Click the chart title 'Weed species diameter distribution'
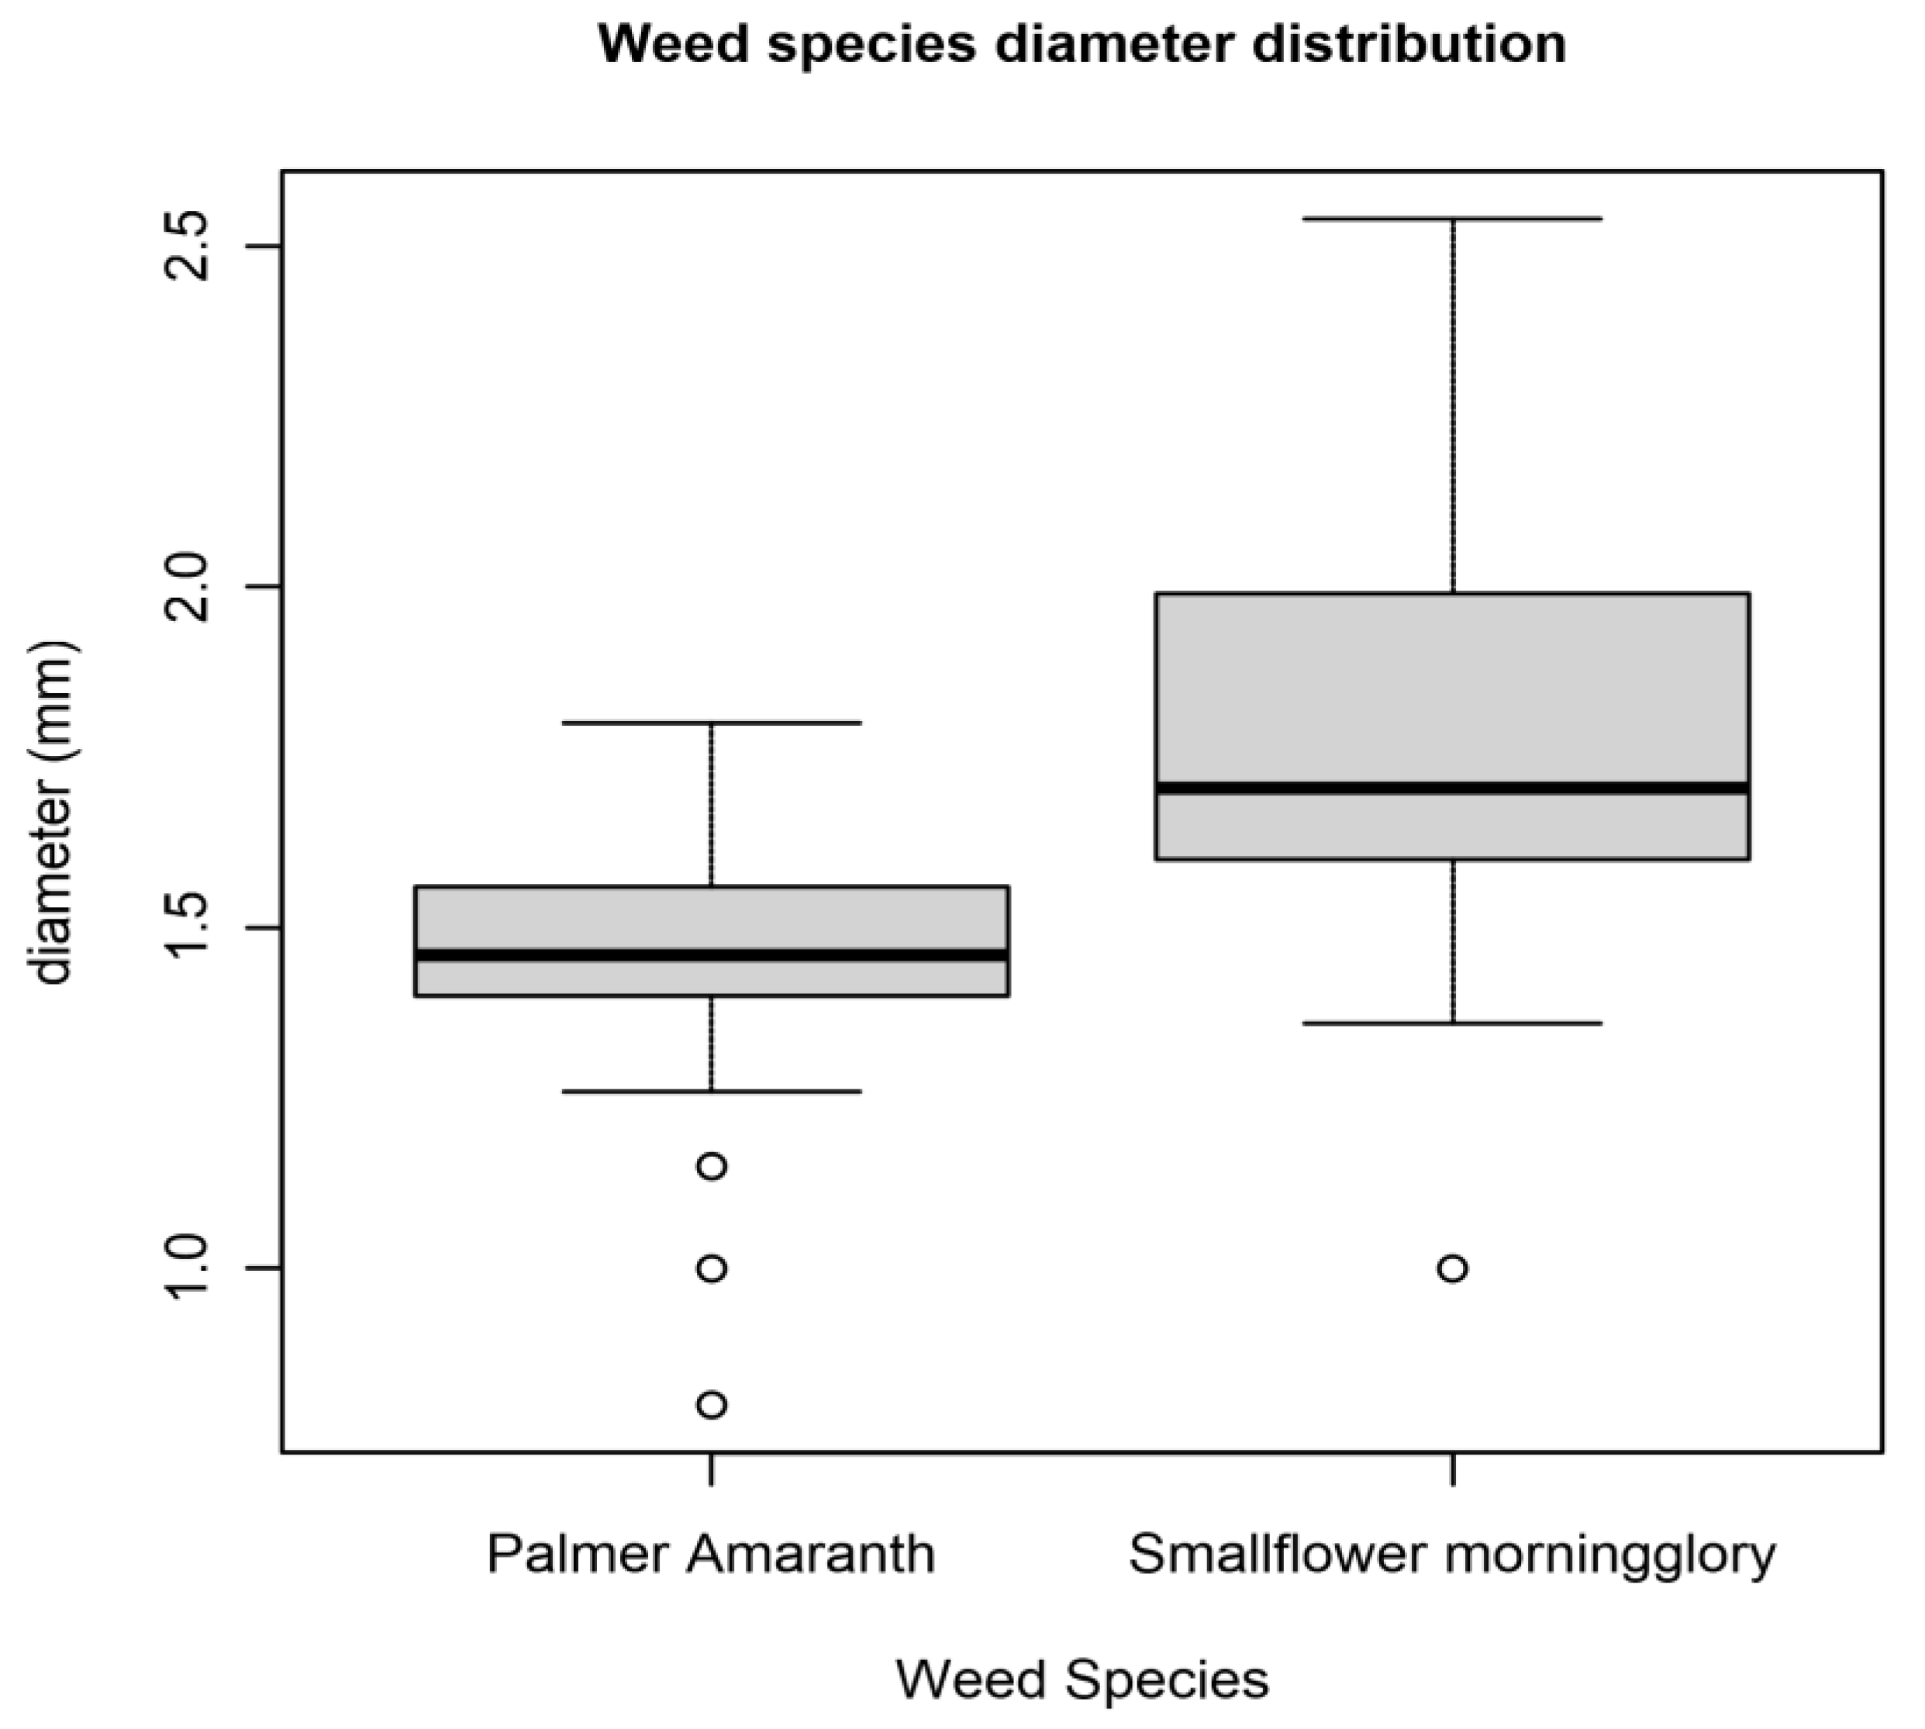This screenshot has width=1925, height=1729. click(1082, 45)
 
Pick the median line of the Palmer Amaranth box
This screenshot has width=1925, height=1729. click(711, 954)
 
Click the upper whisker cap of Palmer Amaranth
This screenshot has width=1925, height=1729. click(711, 723)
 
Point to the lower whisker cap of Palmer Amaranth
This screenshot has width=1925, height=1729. click(711, 1092)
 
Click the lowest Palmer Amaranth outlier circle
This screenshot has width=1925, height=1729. click(711, 1404)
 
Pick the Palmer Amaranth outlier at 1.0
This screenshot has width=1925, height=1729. click(711, 1268)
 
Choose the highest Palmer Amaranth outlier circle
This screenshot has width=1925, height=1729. click(711, 1165)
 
